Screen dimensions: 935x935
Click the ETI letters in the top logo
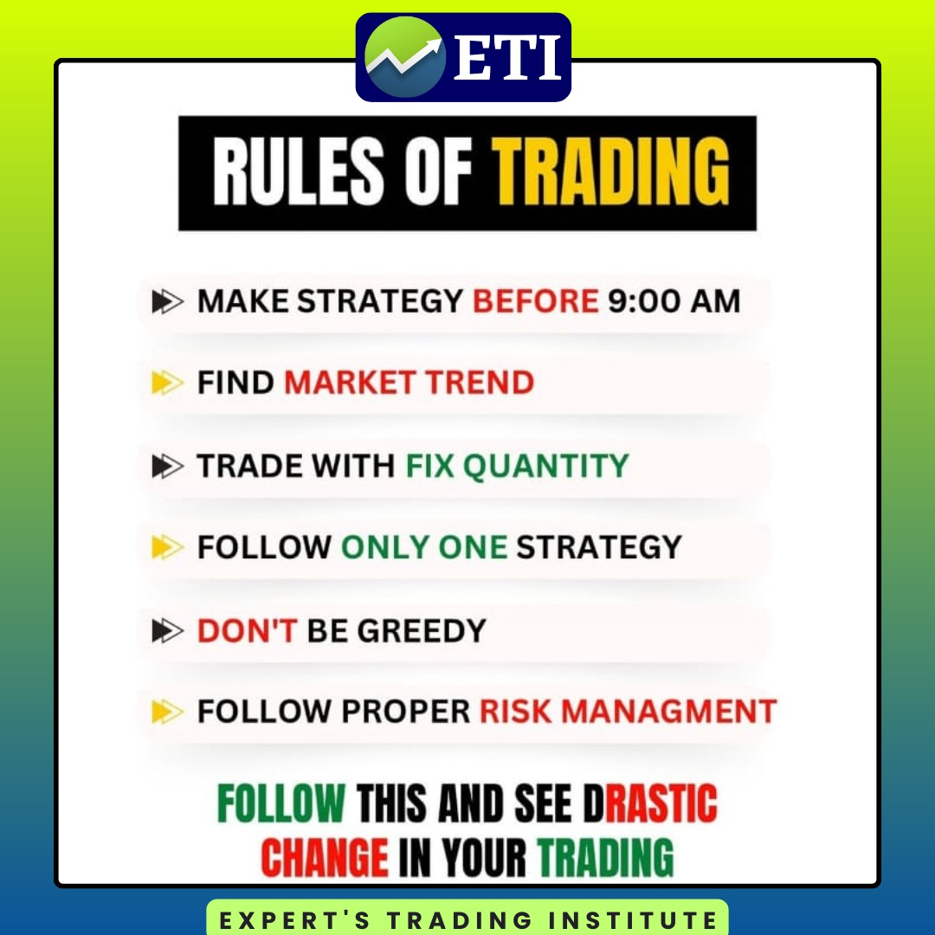point(507,57)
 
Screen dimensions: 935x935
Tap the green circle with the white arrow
point(405,57)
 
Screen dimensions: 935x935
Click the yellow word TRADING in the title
point(610,171)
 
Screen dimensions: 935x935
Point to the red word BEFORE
point(536,300)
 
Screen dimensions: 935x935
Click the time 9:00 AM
point(674,300)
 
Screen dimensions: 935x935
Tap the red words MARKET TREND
point(409,383)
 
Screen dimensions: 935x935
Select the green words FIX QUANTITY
point(517,466)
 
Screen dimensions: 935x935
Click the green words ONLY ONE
point(424,547)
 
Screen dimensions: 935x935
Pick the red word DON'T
point(247,630)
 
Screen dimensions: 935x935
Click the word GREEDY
point(422,630)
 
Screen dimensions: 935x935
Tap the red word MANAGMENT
point(669,712)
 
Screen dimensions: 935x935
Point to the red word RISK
point(516,712)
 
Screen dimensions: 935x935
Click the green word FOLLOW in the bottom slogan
point(281,803)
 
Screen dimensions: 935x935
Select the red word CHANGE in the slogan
point(325,857)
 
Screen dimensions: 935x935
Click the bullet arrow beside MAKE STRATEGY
point(167,301)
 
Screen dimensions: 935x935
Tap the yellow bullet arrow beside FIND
point(167,383)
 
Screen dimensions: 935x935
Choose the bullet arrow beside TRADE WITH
point(167,466)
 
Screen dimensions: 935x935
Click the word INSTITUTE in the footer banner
point(633,920)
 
